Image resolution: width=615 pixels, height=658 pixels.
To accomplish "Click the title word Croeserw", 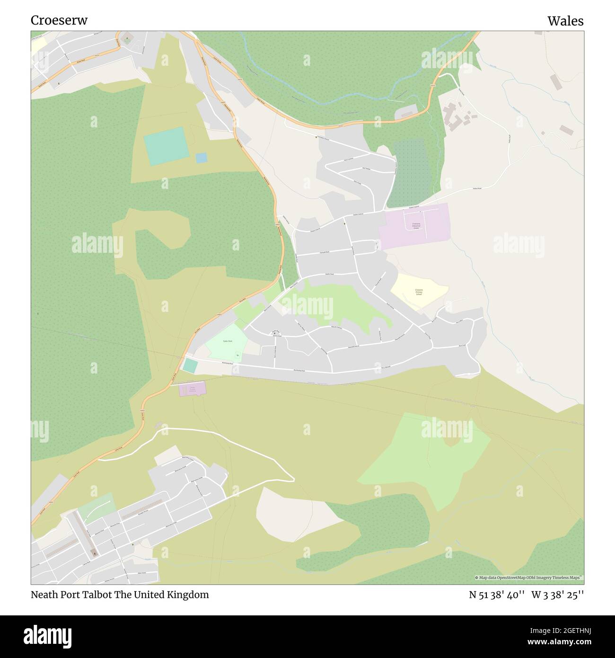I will point(59,20).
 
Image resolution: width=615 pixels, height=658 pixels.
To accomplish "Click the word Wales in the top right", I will point(565,21).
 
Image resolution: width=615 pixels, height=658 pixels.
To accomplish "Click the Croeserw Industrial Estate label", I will point(416,226).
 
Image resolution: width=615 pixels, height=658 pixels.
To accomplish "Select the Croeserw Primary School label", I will point(419,292).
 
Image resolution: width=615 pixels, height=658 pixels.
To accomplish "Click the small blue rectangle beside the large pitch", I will point(202,158).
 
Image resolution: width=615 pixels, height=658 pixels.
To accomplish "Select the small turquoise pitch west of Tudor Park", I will point(190,365).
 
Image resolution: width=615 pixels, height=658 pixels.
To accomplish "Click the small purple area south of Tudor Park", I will point(193,389).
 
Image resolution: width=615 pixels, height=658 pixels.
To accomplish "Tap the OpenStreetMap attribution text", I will point(528,578).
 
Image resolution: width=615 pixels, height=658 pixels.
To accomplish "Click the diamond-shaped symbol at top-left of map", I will point(127,39).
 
